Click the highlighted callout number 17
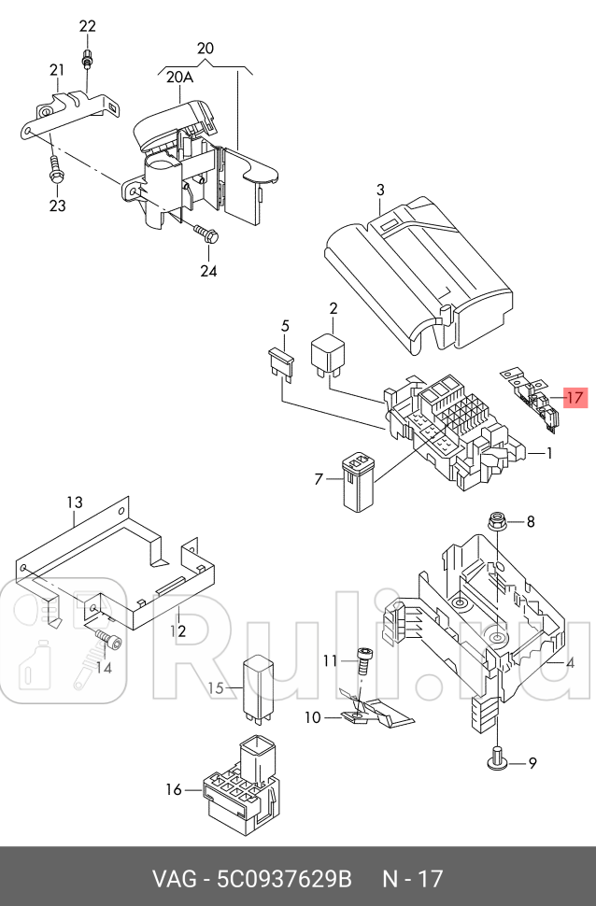click(x=575, y=398)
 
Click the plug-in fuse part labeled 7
click(x=357, y=480)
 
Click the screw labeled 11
click(x=362, y=666)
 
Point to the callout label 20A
click(x=178, y=78)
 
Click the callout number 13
click(x=75, y=503)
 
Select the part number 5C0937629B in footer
click(x=286, y=879)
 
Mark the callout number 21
click(x=57, y=70)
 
